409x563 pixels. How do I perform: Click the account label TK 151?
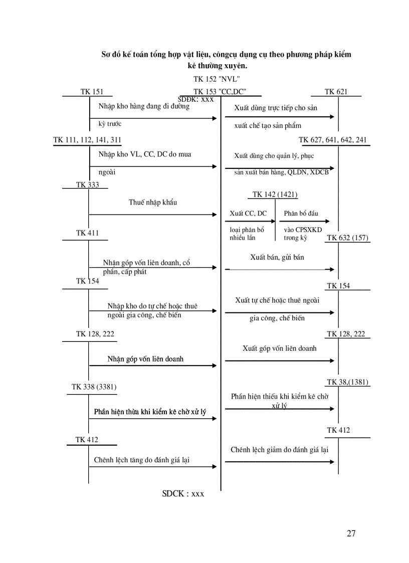(92, 92)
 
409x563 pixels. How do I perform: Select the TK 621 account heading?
(336, 92)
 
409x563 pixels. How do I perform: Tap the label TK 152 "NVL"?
(217, 79)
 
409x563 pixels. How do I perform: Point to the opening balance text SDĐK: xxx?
(196, 99)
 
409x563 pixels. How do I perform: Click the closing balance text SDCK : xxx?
(183, 493)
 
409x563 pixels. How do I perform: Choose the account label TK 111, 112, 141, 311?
(87, 140)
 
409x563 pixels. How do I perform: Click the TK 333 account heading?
(88, 184)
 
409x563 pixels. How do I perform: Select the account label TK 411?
(87, 233)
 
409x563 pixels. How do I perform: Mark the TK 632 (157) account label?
(348, 238)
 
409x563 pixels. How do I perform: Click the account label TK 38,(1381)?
(347, 382)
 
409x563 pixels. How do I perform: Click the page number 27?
(351, 533)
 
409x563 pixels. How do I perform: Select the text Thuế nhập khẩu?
(153, 203)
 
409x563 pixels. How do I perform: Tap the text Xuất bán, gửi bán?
(277, 257)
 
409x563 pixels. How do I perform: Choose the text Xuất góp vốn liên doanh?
(280, 348)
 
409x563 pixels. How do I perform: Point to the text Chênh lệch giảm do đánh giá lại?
(280, 450)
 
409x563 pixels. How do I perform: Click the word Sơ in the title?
(106, 54)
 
